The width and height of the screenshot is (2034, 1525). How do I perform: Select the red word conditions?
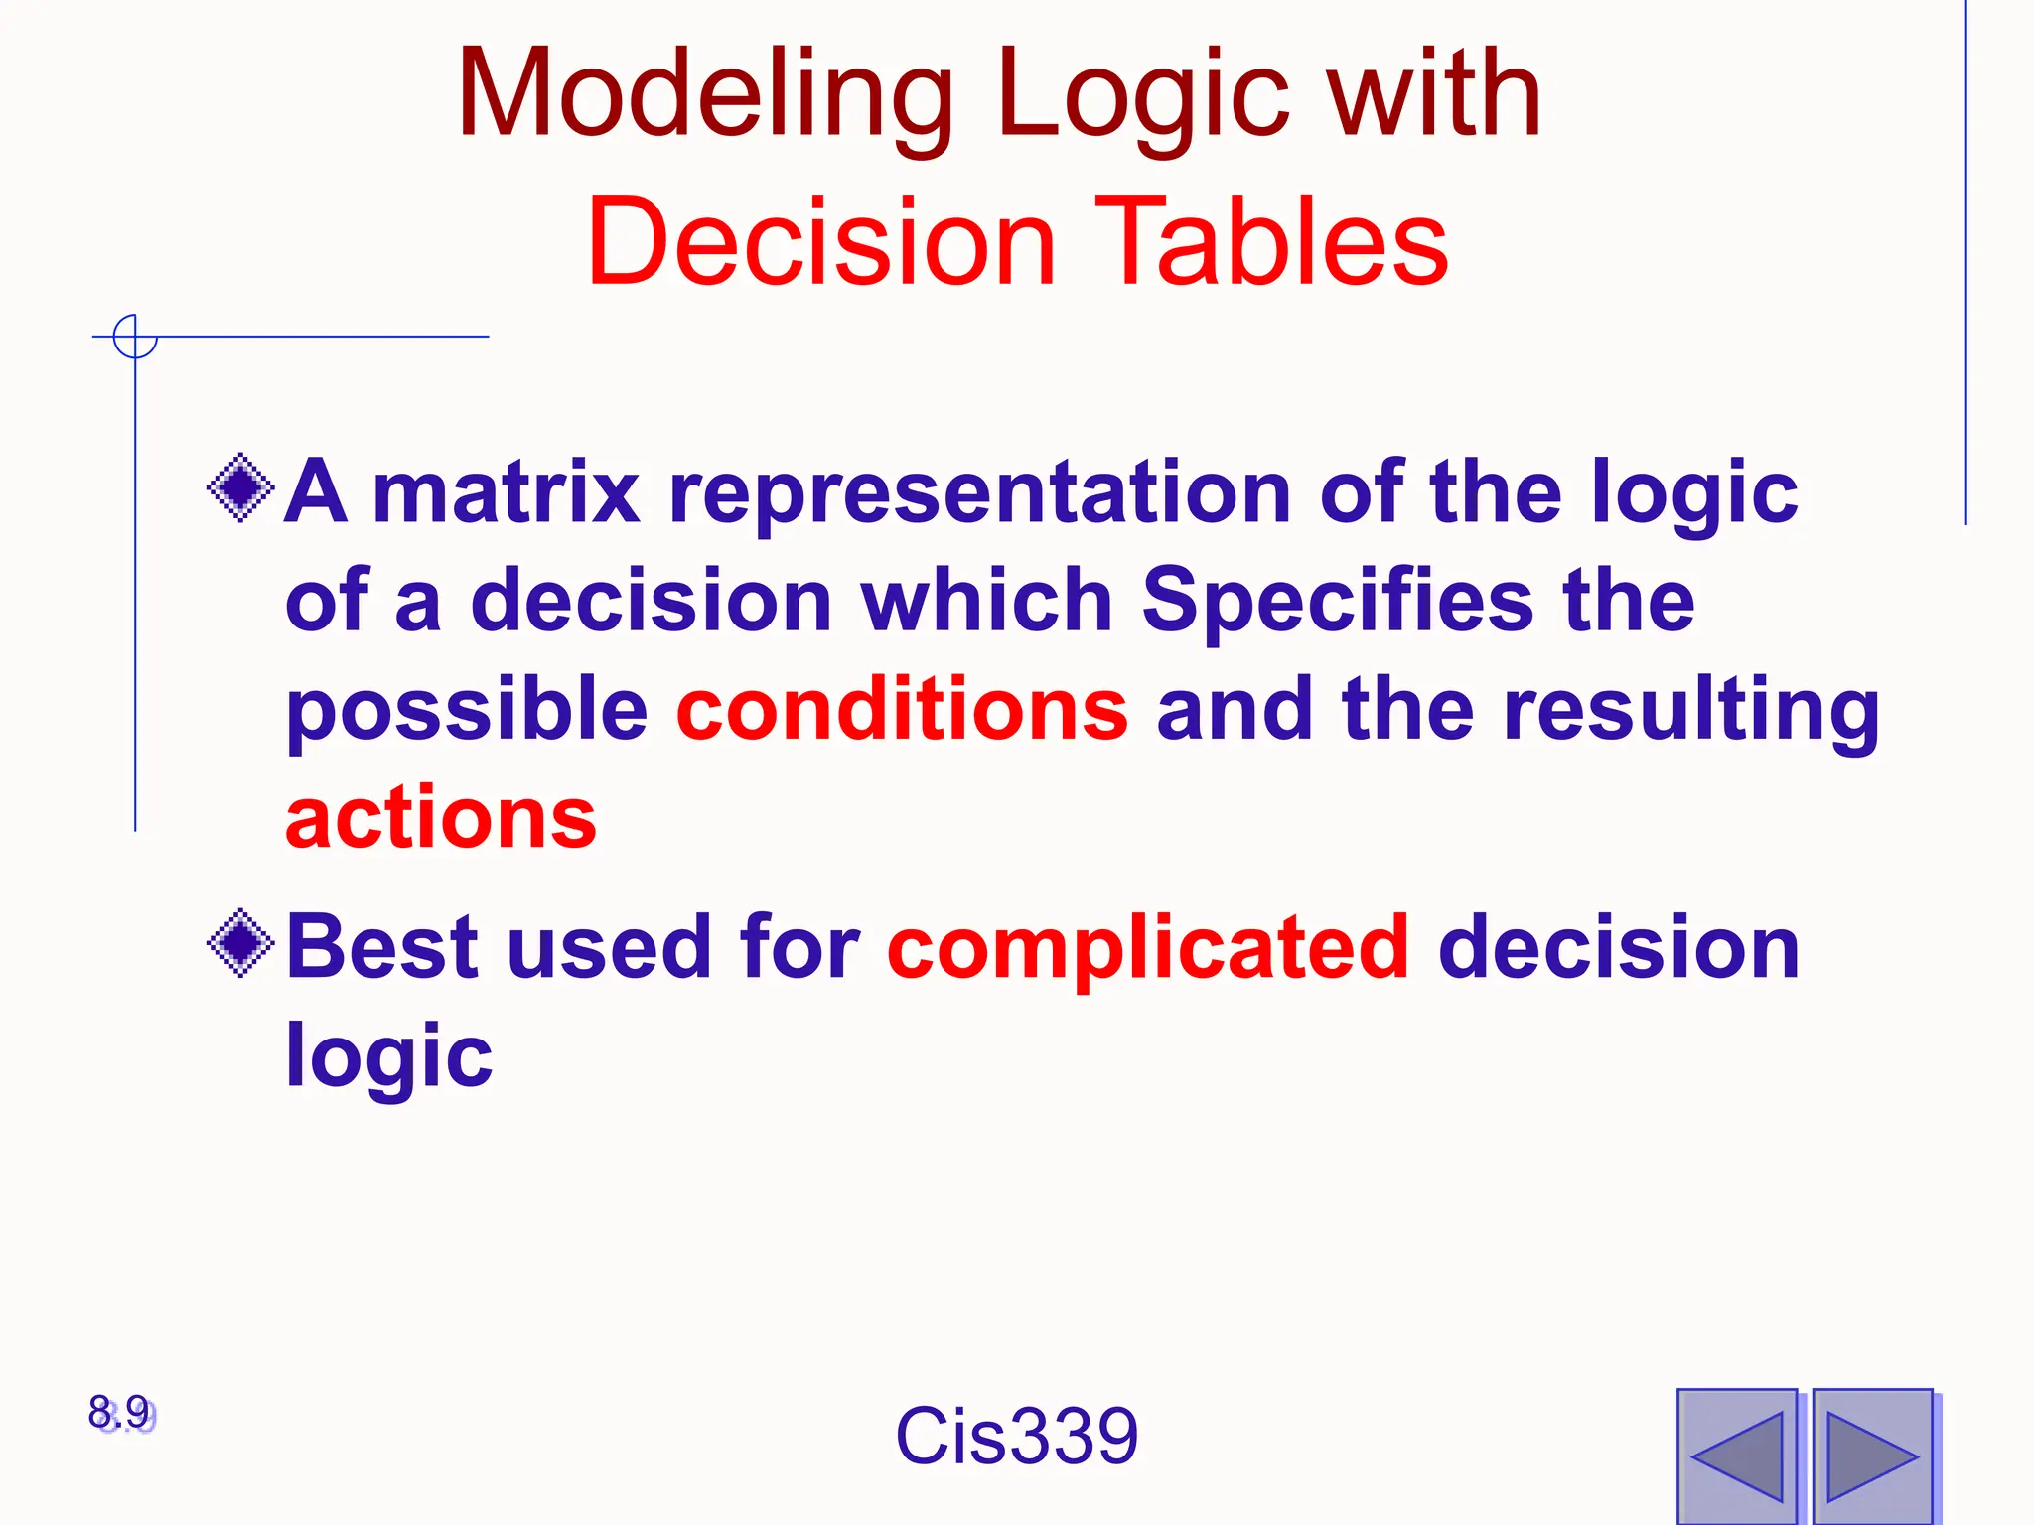(x=902, y=709)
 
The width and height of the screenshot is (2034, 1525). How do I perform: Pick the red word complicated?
(x=1147, y=947)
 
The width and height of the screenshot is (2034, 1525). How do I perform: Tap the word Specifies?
(x=1337, y=602)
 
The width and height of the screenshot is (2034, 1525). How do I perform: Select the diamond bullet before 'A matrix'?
(x=240, y=487)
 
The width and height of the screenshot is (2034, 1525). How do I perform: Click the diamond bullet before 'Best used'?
(x=240, y=943)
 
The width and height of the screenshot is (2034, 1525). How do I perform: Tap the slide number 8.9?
(x=120, y=1412)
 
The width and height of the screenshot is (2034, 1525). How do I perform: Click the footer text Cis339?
(x=1016, y=1436)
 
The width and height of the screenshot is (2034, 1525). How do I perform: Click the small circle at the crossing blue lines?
(x=135, y=337)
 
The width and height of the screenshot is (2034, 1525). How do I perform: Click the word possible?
(x=467, y=711)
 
